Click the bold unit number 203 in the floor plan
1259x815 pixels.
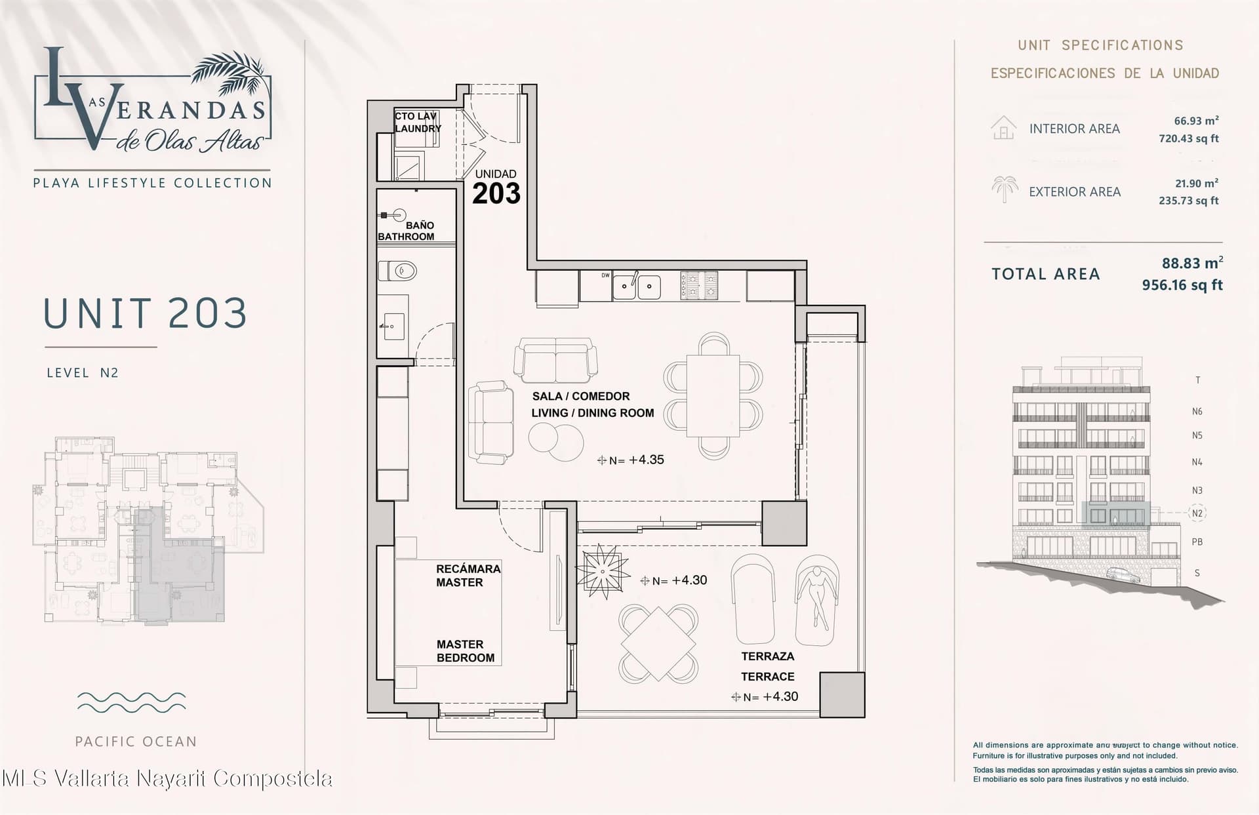(x=496, y=193)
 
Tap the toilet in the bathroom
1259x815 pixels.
(x=398, y=270)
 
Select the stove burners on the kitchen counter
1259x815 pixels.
(x=699, y=286)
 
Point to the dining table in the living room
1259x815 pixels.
(x=713, y=396)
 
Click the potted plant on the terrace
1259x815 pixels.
(x=602, y=570)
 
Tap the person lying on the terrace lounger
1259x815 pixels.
(x=817, y=597)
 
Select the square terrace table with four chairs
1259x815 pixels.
(x=658, y=643)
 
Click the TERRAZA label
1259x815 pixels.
(x=768, y=656)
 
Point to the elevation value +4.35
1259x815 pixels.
(x=647, y=460)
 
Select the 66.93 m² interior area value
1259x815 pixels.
(x=1196, y=121)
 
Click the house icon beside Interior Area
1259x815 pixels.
(x=1003, y=128)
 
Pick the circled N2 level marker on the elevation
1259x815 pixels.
(x=1197, y=513)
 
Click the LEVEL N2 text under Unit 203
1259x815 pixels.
(x=83, y=372)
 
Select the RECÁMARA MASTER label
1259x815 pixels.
(x=468, y=575)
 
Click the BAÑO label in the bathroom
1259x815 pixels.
(x=420, y=225)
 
